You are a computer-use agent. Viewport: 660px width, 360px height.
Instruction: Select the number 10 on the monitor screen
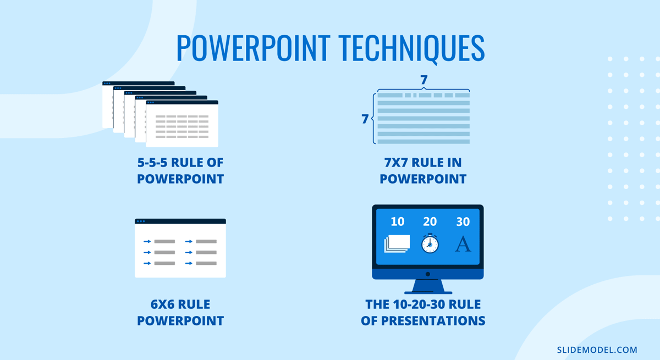coord(397,221)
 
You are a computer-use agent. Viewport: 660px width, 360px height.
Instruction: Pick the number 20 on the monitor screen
coord(430,221)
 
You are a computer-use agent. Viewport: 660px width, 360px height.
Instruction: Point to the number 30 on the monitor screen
coord(463,221)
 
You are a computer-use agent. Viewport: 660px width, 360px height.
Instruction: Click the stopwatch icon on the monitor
coord(430,243)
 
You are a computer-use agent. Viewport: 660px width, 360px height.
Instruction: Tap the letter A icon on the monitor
coord(463,243)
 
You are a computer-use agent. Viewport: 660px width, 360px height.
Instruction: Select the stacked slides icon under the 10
coord(397,243)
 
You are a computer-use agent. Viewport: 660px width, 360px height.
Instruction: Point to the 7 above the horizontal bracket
coord(424,80)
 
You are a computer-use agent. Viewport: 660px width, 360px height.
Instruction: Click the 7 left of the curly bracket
coord(365,119)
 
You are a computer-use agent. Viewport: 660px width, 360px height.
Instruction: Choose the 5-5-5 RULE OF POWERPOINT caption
coord(180,171)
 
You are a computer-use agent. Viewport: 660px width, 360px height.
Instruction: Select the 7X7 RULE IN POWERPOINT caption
coord(423,171)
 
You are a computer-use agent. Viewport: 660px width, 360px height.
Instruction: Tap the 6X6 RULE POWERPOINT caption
coord(180,313)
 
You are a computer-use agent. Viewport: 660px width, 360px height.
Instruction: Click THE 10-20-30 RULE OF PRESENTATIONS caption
coord(423,313)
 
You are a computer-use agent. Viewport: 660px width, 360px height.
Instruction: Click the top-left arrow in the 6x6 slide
coord(147,241)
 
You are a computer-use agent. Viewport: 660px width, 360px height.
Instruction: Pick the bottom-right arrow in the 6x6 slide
coord(189,263)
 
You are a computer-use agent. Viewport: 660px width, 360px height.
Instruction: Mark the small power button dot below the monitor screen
coord(428,274)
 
